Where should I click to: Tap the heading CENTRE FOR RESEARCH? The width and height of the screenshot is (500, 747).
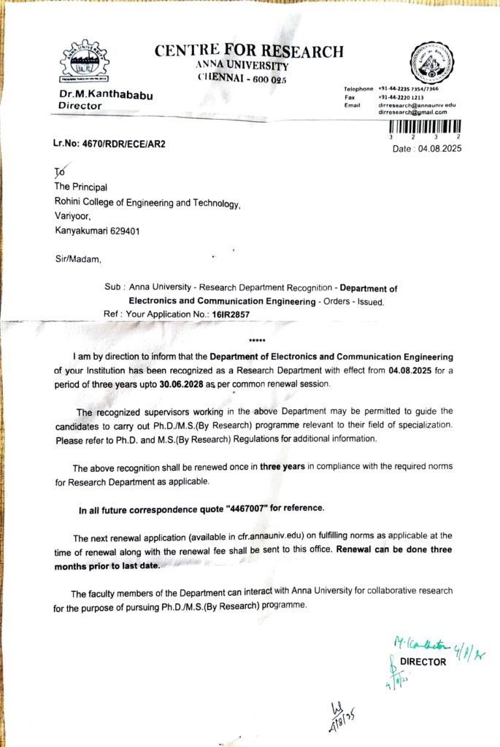[x=248, y=51]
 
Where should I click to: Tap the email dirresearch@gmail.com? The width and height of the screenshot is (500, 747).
[x=412, y=112]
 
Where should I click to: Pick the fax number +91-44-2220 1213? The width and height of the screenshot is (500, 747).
[x=399, y=97]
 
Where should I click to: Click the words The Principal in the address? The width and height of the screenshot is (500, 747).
[x=81, y=187]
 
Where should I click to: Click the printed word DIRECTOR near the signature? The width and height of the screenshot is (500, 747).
[x=422, y=662]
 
